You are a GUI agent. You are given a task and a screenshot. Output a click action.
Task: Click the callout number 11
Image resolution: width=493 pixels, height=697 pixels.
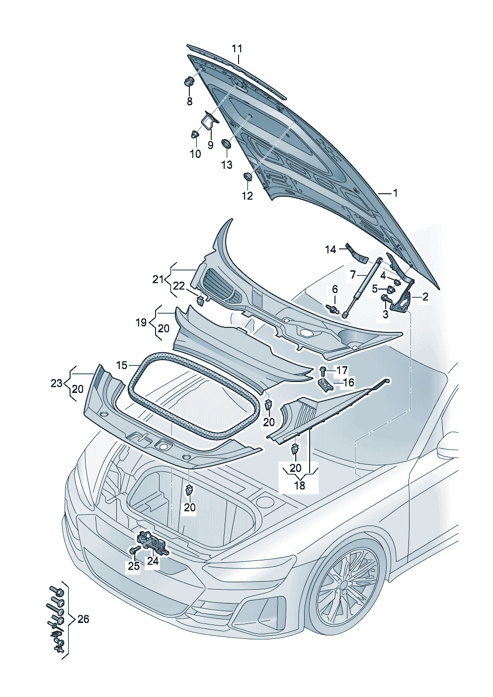pos(237,49)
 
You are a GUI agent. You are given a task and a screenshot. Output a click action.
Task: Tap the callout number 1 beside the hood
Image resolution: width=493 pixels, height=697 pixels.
pos(395,193)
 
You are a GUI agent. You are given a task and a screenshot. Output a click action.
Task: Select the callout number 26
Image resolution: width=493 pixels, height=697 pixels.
pos(83,619)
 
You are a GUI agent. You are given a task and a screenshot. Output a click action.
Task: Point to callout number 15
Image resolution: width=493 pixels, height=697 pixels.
pos(122,365)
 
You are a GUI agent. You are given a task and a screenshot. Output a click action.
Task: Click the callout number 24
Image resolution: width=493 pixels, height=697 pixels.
pos(152,561)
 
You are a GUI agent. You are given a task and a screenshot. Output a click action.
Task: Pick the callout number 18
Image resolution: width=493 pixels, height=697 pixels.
pos(299,485)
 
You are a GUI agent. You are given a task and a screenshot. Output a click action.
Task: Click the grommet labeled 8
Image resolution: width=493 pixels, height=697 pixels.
pos(189,81)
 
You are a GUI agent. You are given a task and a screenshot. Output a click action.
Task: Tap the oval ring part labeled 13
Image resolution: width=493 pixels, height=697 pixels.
pos(226,144)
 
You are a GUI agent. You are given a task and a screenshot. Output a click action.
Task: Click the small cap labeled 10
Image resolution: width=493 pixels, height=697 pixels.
pos(194,134)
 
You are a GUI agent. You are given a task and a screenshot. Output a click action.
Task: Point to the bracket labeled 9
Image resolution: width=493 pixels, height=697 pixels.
pos(209,121)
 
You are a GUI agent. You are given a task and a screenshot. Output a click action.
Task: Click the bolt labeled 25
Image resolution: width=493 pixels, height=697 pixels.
pos(134,550)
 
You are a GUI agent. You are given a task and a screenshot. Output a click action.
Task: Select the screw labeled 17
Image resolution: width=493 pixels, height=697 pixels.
pos(323,370)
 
